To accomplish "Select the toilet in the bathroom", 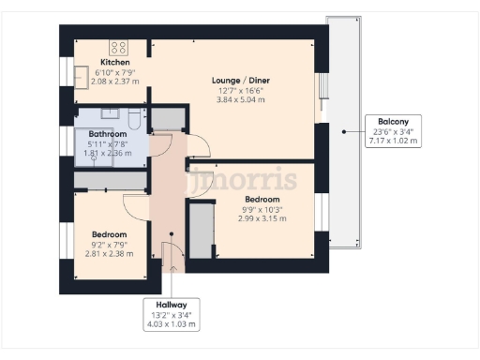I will click(x=136, y=118).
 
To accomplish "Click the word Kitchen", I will click(x=114, y=61).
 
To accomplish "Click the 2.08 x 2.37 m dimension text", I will click(x=114, y=81).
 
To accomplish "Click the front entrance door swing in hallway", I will click(x=169, y=253).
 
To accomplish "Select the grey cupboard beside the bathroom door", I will click(x=169, y=118).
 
